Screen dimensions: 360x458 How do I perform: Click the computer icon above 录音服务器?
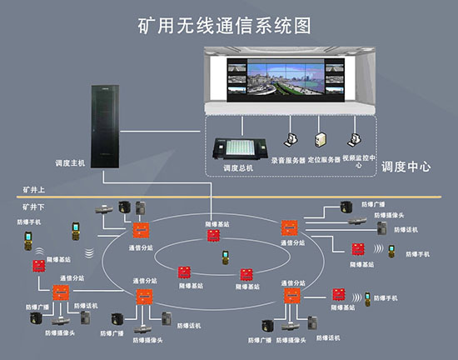(x=291, y=143)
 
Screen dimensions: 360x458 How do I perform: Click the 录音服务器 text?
(x=289, y=158)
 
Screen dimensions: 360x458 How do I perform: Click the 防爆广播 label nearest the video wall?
(x=373, y=203)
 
